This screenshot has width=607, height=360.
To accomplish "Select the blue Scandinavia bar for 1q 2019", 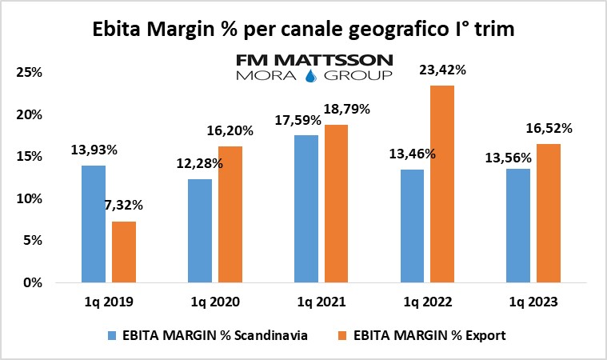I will tap(94, 223).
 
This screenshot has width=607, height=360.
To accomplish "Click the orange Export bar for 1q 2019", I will tap(123, 251).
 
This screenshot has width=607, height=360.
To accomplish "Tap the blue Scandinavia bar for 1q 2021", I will tap(306, 208).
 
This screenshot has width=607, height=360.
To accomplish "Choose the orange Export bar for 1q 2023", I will tap(549, 213).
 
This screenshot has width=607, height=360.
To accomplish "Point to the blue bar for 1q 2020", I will tap(200, 230).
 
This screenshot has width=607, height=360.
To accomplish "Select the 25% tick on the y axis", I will tap(30, 73).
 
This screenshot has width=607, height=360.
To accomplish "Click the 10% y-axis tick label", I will tap(30, 198).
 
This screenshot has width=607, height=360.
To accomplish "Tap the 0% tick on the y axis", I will tap(34, 282).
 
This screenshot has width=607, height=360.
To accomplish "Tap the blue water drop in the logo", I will tap(311, 76).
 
